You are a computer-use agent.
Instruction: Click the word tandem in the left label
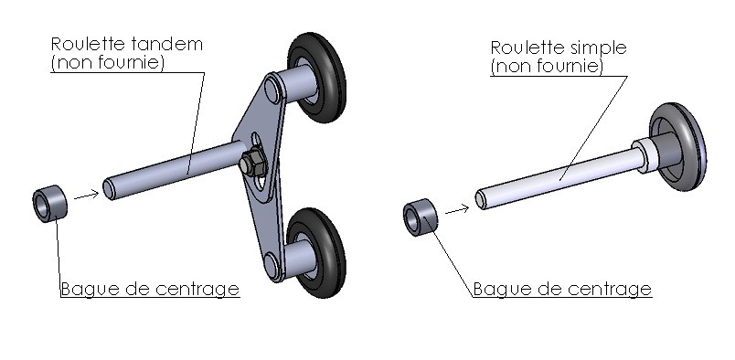(167, 44)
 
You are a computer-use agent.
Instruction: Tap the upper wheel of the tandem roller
(317, 78)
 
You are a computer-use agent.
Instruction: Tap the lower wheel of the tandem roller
(317, 253)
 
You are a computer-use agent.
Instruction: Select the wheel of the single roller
(677, 147)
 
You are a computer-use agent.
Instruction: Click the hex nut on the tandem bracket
(252, 163)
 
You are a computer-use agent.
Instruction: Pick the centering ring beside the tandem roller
(49, 204)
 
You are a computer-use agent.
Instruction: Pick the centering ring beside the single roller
(421, 217)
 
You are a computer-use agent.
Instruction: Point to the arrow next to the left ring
(86, 195)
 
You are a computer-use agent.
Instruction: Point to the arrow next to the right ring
(457, 209)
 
